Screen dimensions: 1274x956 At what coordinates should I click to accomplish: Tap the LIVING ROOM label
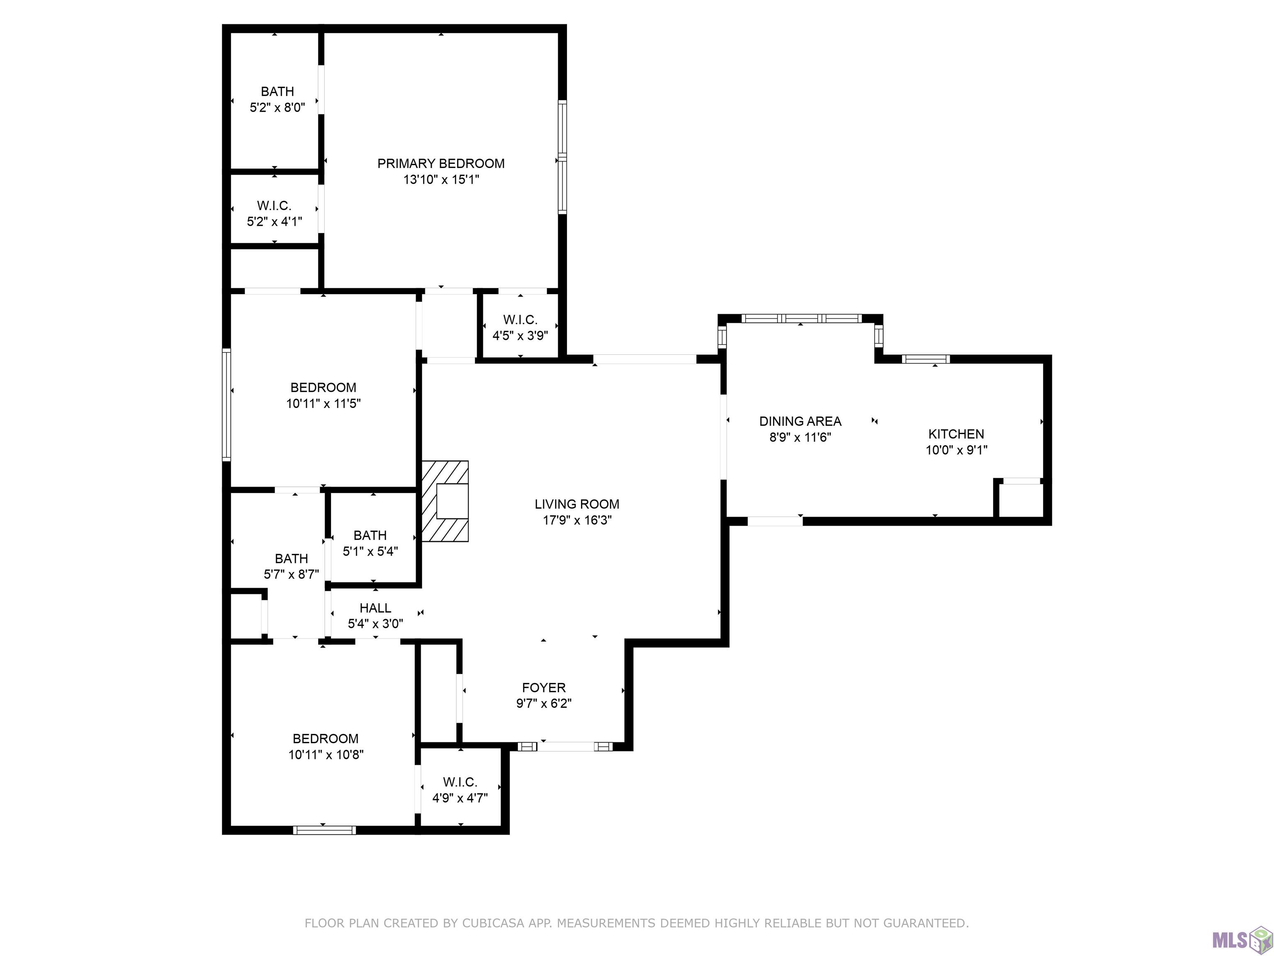577,504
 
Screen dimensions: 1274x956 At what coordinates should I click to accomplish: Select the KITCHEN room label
956,434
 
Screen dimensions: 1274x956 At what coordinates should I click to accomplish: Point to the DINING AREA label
800,421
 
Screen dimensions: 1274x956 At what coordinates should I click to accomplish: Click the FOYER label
544,688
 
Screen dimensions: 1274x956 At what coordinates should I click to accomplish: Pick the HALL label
375,608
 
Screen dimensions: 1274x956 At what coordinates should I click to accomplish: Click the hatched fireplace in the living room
445,501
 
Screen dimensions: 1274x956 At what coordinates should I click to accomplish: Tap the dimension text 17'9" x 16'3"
577,520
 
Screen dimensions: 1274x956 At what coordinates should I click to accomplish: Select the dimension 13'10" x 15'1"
441,180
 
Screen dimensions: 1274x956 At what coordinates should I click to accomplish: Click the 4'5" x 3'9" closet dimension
520,335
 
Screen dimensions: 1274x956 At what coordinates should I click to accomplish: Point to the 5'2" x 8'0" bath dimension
277,107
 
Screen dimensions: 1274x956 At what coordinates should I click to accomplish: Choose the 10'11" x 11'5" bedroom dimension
323,403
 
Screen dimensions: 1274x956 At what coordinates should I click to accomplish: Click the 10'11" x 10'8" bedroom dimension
326,755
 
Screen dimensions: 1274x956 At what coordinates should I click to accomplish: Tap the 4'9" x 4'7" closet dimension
460,798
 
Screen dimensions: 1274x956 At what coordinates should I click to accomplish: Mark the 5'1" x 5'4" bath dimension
370,551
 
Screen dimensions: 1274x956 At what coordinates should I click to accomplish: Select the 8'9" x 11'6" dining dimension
800,437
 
